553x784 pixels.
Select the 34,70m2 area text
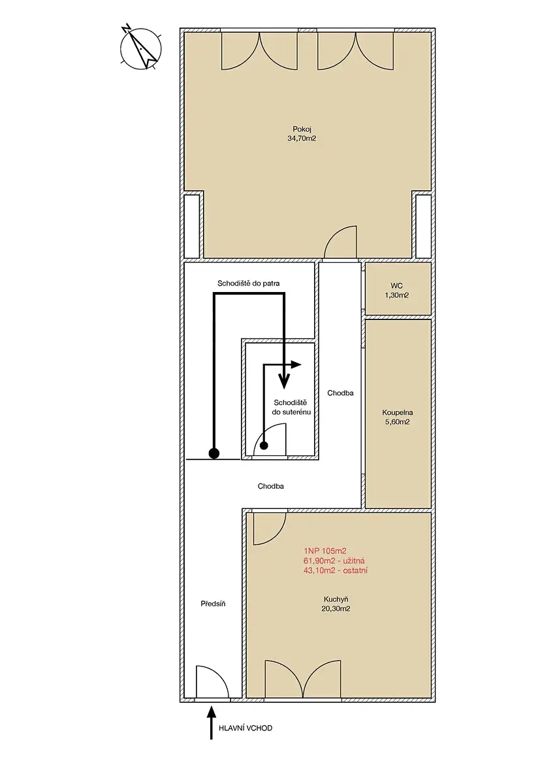tap(302, 139)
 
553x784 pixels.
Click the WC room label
tap(397, 286)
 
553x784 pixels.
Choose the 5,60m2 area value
tap(397, 422)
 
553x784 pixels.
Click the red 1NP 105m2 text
tap(325, 551)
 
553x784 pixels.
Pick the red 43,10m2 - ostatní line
tap(336, 570)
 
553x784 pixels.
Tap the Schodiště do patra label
tap(248, 284)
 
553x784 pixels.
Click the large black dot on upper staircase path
tap(213, 453)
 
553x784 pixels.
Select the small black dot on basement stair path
tap(264, 446)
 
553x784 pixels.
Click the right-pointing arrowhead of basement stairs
tap(296, 365)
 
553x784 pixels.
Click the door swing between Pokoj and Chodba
tap(341, 242)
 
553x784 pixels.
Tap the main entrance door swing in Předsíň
tap(212, 682)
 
